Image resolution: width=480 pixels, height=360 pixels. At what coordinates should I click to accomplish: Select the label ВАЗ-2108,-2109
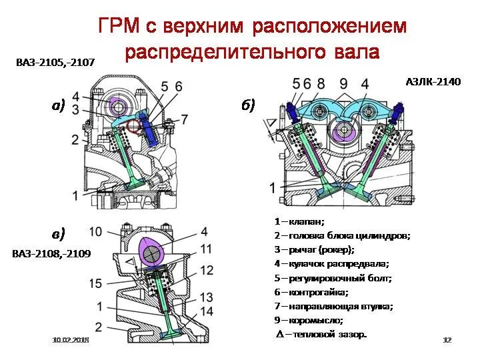click(51, 254)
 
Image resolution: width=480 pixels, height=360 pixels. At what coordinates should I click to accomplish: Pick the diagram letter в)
click(59, 233)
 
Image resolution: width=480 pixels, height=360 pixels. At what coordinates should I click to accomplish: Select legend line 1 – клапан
click(299, 221)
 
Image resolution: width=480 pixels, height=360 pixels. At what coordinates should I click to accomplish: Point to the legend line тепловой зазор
click(321, 334)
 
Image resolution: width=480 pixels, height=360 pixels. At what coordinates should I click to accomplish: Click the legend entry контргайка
click(311, 292)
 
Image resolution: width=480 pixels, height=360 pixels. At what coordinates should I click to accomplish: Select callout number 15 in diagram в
click(95, 283)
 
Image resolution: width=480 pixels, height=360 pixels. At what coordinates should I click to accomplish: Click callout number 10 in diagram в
click(95, 231)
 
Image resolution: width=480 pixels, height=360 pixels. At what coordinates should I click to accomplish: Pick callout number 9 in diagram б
click(343, 83)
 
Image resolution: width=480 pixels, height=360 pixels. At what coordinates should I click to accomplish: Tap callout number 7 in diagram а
click(185, 118)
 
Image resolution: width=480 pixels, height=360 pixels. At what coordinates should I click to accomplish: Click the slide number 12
click(447, 341)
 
